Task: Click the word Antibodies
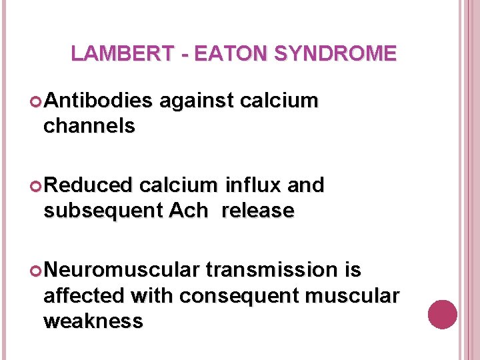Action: [98, 101]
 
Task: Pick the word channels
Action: [89, 125]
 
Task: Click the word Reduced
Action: [89, 185]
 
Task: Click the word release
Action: [257, 211]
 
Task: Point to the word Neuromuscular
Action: [122, 270]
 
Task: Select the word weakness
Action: [93, 321]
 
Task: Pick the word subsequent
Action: [103, 211]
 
